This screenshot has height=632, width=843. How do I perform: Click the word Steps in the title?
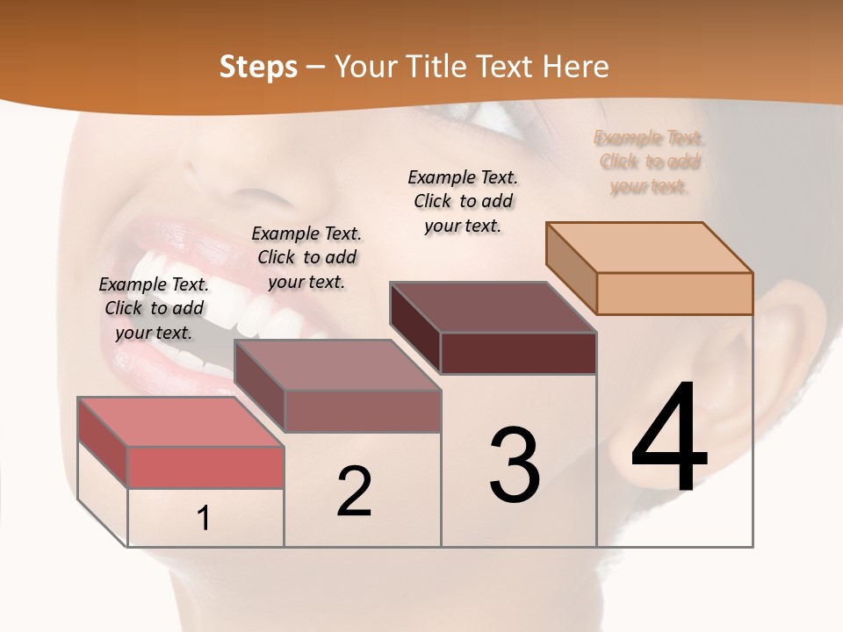coord(258,67)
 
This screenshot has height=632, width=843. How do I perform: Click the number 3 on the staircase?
coord(515,464)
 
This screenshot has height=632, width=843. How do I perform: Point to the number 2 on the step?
coord(354,492)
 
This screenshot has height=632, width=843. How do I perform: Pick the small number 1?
coord(204,518)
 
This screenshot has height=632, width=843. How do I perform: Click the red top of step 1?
coord(180,421)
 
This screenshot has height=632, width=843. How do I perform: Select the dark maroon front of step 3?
coord(518,353)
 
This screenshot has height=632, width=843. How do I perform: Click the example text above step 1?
coord(154,308)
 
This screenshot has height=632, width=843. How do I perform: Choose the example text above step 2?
coord(306,257)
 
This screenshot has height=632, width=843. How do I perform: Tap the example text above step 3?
coord(463,201)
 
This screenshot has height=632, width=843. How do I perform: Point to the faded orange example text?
coord(649,162)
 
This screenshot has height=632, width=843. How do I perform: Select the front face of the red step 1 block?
coord(205,467)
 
